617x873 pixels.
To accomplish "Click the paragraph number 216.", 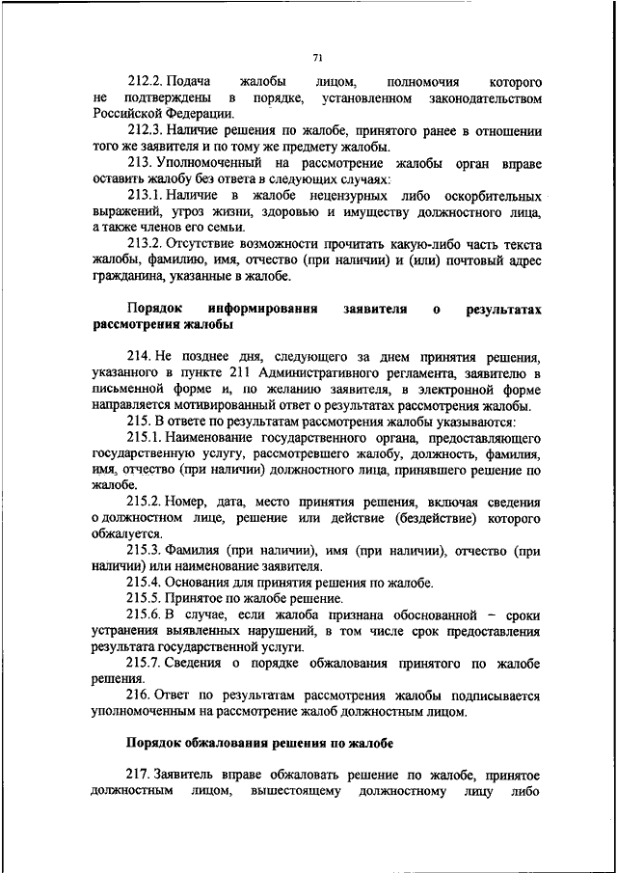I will click(x=138, y=696).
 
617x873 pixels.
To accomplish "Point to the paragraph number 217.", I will click(x=138, y=777).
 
